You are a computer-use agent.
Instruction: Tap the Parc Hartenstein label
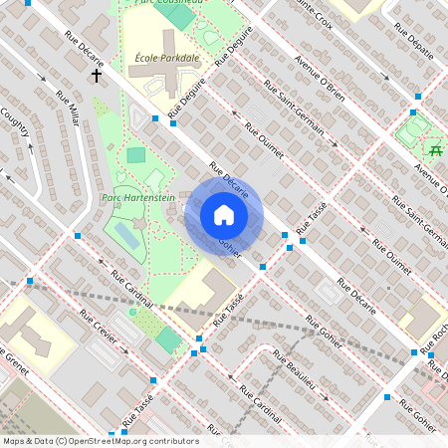[x=138, y=198]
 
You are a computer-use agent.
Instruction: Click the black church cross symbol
[x=97, y=75]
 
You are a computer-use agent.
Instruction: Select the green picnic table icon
[x=435, y=149]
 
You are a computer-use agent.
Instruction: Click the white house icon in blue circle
[x=224, y=215]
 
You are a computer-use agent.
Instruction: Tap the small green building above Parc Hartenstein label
[x=136, y=155]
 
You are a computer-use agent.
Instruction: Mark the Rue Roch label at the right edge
[x=439, y=331]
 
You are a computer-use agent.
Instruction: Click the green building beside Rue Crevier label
[x=169, y=339]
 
